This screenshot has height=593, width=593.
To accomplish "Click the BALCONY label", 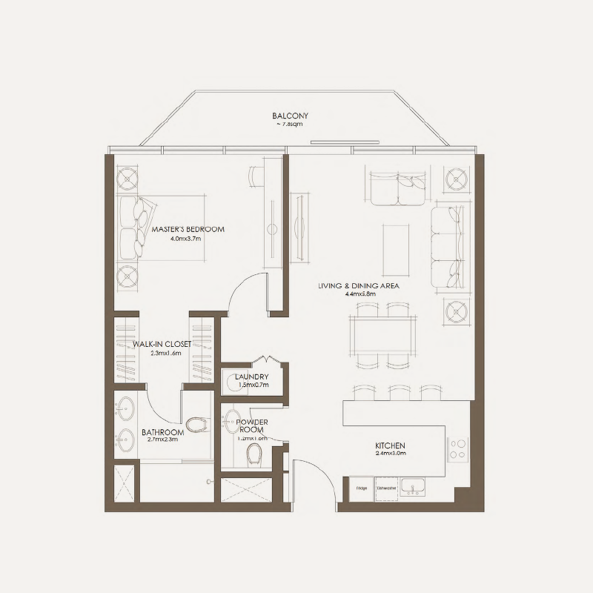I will (290, 116).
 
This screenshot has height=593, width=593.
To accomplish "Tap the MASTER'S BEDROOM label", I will (188, 230).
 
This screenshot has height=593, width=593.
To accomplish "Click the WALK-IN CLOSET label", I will (162, 345).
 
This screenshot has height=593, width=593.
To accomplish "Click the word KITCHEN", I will (390, 446).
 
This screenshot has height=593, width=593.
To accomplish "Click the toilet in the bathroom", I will (196, 425).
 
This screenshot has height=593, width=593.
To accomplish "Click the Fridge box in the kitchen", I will (362, 488).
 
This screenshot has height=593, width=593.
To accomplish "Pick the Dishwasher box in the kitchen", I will (386, 488).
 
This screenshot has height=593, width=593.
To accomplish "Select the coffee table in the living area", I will (395, 244).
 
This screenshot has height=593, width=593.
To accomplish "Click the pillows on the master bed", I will (130, 230).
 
